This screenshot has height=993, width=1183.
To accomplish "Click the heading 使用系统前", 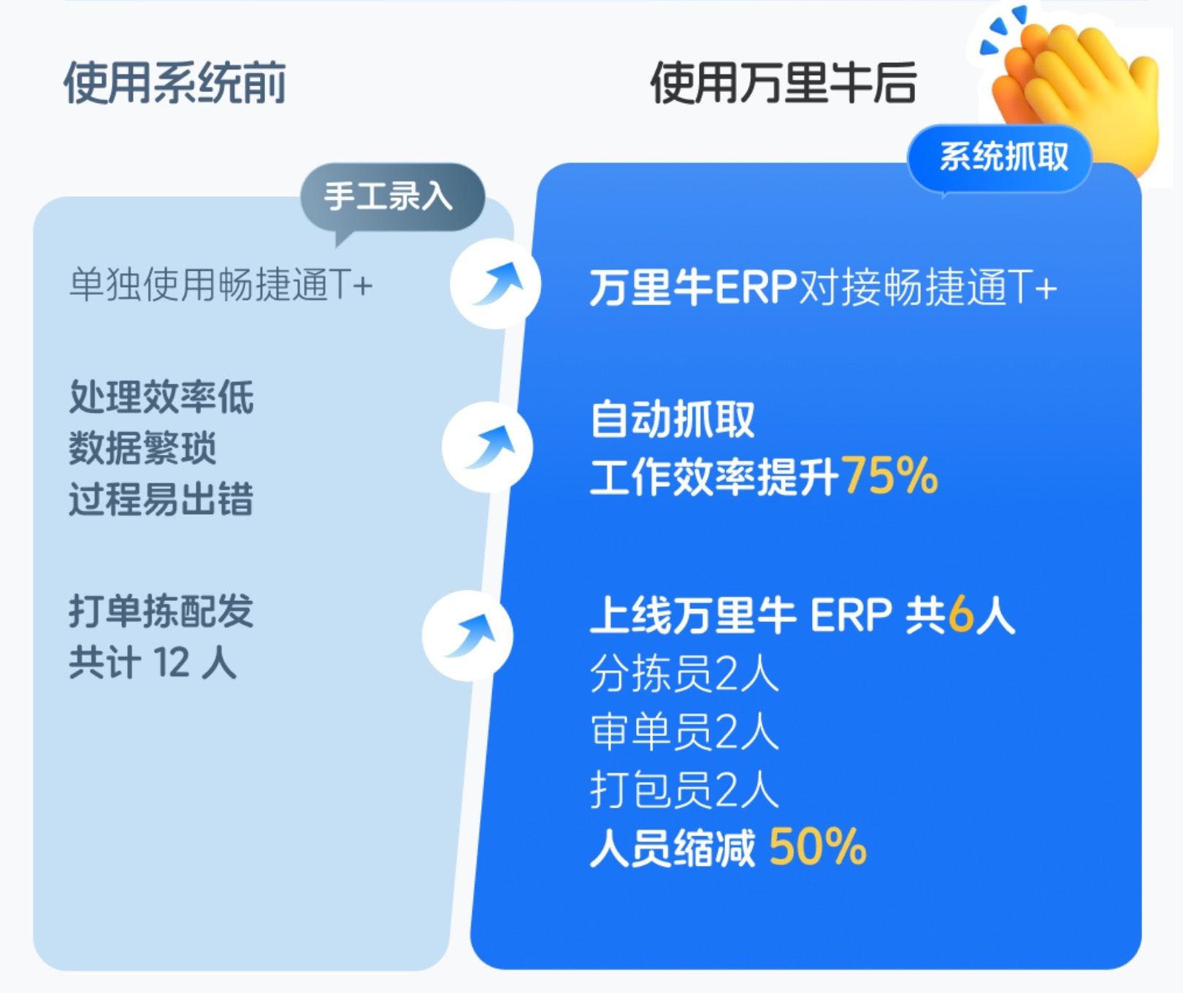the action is [x=175, y=83].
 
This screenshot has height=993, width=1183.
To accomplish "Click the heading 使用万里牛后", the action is [x=784, y=83].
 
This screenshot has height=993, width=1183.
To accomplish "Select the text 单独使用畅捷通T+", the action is [x=221, y=284].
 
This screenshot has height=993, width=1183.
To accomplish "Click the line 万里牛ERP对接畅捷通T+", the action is [x=823, y=287].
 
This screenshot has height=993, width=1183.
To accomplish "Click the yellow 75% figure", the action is [x=889, y=476].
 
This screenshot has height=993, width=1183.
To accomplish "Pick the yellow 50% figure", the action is [x=818, y=847].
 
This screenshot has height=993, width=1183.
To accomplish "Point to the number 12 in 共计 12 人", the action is [x=172, y=663].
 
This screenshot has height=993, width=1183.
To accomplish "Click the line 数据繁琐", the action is [x=142, y=448].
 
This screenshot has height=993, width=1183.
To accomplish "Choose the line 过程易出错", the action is [x=161, y=499].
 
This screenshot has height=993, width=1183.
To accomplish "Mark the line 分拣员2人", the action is [x=684, y=673].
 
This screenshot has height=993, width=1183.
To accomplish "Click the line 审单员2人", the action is [x=684, y=732].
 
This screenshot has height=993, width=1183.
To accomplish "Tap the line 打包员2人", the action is [x=684, y=790].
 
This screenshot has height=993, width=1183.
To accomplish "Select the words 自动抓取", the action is [x=672, y=419].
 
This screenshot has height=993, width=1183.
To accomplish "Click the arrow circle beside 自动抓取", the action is [x=488, y=446].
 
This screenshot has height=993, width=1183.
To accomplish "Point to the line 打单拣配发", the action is [x=161, y=611].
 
